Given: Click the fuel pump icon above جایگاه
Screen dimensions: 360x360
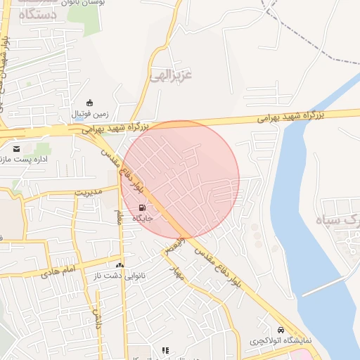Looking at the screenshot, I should point(143,207).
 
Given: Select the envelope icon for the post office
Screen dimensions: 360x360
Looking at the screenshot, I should point(16,148).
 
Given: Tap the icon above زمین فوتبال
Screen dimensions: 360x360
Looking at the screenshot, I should point(89,103).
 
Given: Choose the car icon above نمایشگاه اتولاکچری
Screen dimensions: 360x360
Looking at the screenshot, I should point(281,330).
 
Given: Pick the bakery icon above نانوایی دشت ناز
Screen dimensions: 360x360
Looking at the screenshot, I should point(120,266).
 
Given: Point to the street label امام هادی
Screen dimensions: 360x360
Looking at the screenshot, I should point(58,271).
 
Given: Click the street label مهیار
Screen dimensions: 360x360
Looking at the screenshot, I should point(176,271).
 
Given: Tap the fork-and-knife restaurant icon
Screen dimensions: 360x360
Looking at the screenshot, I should point(166,350).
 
